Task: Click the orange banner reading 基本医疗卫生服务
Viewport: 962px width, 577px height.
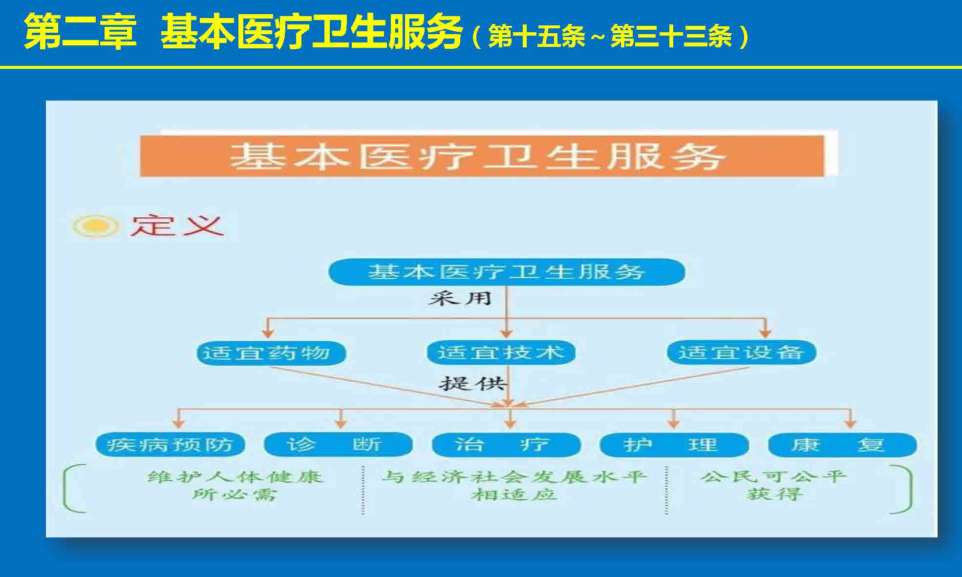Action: point(482,156)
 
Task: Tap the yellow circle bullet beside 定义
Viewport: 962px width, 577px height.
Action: point(96,226)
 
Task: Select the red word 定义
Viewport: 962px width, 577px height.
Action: point(176,226)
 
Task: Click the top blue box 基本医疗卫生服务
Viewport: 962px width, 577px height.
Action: point(506,272)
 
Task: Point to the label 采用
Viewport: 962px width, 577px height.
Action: point(459,298)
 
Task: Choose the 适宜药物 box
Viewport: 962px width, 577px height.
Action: point(271,352)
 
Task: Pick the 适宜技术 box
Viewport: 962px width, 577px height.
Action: point(501,352)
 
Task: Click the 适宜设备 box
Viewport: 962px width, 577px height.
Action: point(742,352)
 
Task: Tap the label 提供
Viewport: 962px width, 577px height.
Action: point(471,383)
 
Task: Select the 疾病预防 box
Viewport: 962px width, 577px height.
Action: point(170,445)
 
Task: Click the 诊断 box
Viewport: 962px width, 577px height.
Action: point(338,445)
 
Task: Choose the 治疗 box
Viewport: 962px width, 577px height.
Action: point(506,445)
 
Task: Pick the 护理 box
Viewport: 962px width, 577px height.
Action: point(674,445)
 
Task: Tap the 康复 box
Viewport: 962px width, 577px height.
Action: point(842,445)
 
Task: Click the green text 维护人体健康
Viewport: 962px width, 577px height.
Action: point(235,476)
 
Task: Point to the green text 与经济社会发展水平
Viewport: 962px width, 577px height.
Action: point(514,476)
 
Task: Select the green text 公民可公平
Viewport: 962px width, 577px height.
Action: point(773,476)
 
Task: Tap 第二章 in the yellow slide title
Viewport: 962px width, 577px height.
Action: point(80,32)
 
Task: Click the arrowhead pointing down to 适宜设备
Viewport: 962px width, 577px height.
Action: point(765,332)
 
